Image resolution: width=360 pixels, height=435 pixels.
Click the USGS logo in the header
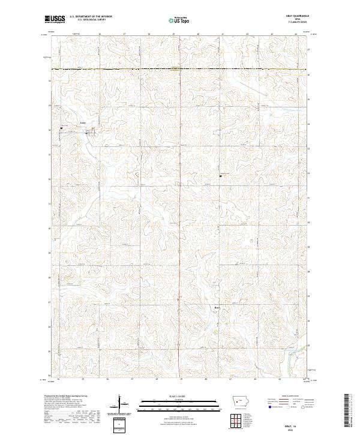[55, 19]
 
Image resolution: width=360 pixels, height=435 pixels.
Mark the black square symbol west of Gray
[61, 128]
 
